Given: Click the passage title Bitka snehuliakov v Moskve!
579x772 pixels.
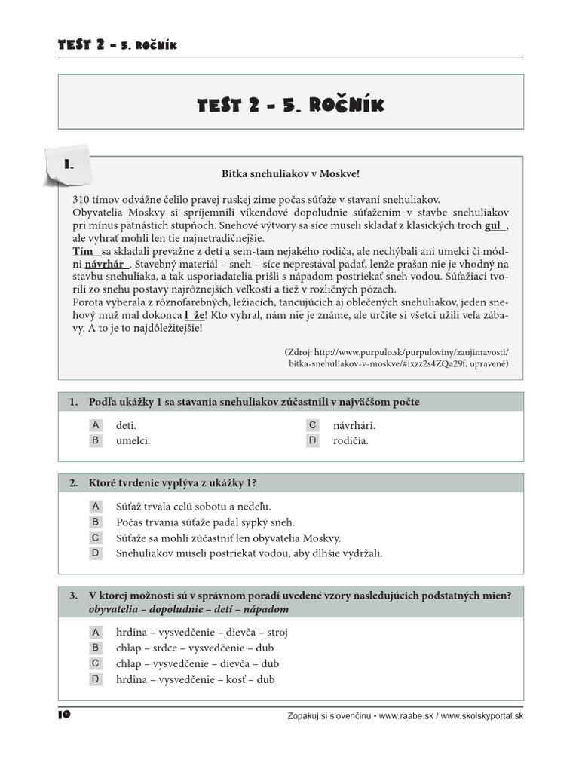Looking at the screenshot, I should click(x=290, y=174).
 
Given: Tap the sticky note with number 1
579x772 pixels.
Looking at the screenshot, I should click(x=68, y=164).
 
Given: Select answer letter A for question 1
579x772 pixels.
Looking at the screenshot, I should click(x=96, y=425).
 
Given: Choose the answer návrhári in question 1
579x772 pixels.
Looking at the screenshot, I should click(x=354, y=425).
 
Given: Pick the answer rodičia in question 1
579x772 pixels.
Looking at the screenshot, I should click(x=351, y=441).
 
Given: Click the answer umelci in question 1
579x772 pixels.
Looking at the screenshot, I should click(x=133, y=441).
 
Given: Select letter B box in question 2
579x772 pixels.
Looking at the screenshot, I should click(x=96, y=522).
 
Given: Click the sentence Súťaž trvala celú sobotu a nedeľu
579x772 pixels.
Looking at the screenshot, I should click(x=193, y=507).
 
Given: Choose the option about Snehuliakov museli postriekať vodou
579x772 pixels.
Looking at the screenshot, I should click(x=249, y=553).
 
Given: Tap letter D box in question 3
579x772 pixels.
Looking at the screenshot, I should click(x=96, y=679).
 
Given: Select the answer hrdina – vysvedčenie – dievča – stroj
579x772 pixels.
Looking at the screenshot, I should click(x=201, y=633).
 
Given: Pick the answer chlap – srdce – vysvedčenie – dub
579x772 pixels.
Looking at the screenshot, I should click(x=195, y=648).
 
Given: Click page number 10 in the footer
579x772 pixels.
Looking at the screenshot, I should click(x=64, y=715).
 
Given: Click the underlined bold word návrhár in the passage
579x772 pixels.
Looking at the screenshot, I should click(x=107, y=265).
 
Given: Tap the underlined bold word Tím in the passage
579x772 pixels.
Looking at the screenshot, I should click(x=83, y=251).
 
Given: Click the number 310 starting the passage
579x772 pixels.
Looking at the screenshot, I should click(x=81, y=199).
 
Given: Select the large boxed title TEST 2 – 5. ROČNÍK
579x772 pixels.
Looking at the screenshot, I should click(x=290, y=105).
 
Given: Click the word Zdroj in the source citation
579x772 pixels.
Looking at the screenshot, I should click(x=299, y=352).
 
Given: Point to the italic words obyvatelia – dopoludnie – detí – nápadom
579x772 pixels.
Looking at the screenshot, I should click(x=188, y=609).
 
